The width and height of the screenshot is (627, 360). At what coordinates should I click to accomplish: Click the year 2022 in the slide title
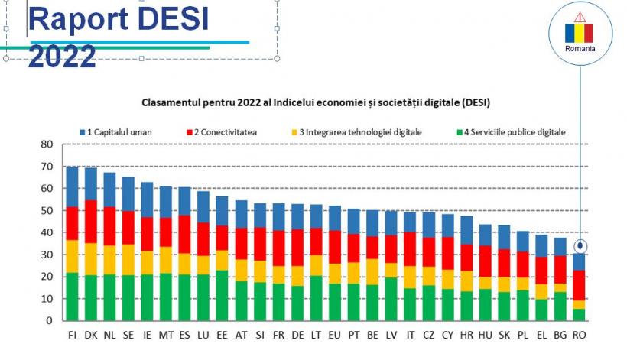(x=62, y=56)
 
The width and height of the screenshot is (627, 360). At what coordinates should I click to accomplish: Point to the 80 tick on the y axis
(x=47, y=144)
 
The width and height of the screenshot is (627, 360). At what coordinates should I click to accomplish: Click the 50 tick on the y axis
(x=47, y=211)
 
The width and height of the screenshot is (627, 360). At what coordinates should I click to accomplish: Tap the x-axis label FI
(x=72, y=334)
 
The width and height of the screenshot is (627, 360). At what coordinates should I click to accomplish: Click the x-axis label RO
(x=580, y=334)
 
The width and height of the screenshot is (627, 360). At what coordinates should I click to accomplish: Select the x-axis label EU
(x=334, y=334)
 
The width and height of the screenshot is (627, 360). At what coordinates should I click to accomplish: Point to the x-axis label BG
(x=561, y=334)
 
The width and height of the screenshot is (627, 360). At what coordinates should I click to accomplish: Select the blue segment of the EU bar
(x=334, y=218)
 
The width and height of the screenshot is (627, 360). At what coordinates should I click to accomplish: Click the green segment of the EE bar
(x=222, y=295)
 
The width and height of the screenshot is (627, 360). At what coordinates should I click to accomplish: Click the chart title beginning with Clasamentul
(x=314, y=102)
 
